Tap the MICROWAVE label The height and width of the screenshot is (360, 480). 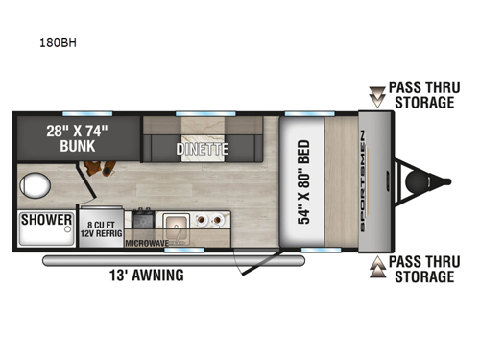point(146,244)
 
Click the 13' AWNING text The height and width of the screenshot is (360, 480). point(146,275)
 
